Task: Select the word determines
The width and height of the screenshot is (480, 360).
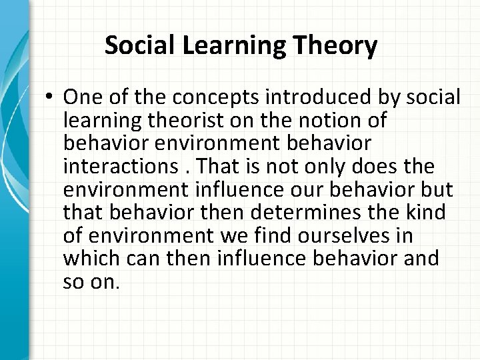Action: [x=302, y=213]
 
